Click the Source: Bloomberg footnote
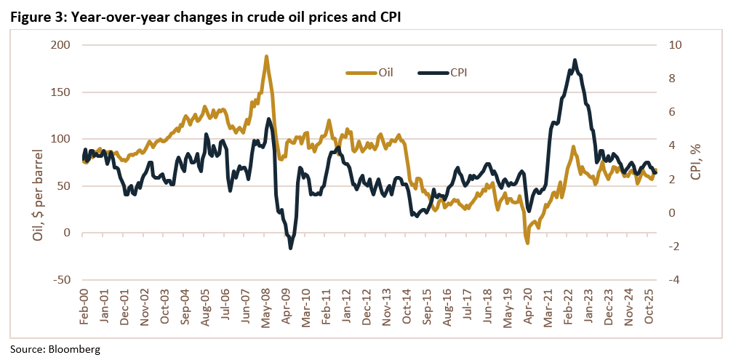coord(55,349)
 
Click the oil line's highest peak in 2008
coord(266,56)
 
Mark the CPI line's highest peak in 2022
coord(575,60)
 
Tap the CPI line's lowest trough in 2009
coord(291,248)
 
